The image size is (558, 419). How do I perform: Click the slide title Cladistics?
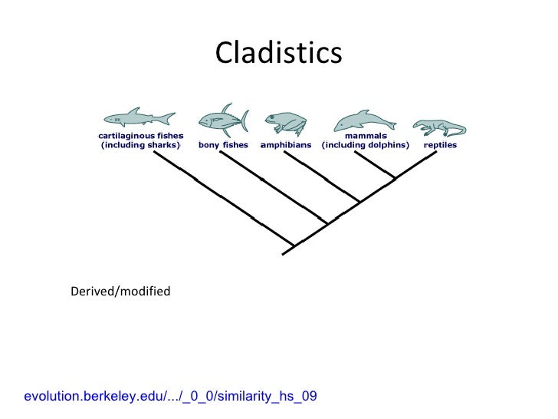[278, 53]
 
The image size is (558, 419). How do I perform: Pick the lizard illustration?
[438, 126]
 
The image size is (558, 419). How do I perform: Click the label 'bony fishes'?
[223, 144]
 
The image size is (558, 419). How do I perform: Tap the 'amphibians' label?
[286, 144]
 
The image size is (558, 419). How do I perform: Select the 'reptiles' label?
[440, 144]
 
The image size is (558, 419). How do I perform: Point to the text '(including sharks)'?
[140, 145]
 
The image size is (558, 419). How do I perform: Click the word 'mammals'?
[365, 136]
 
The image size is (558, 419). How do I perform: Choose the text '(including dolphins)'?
[365, 145]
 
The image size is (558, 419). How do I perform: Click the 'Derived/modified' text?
[120, 292]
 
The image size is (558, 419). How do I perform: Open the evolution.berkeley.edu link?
[170, 396]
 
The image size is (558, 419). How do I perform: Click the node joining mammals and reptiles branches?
[394, 179]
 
